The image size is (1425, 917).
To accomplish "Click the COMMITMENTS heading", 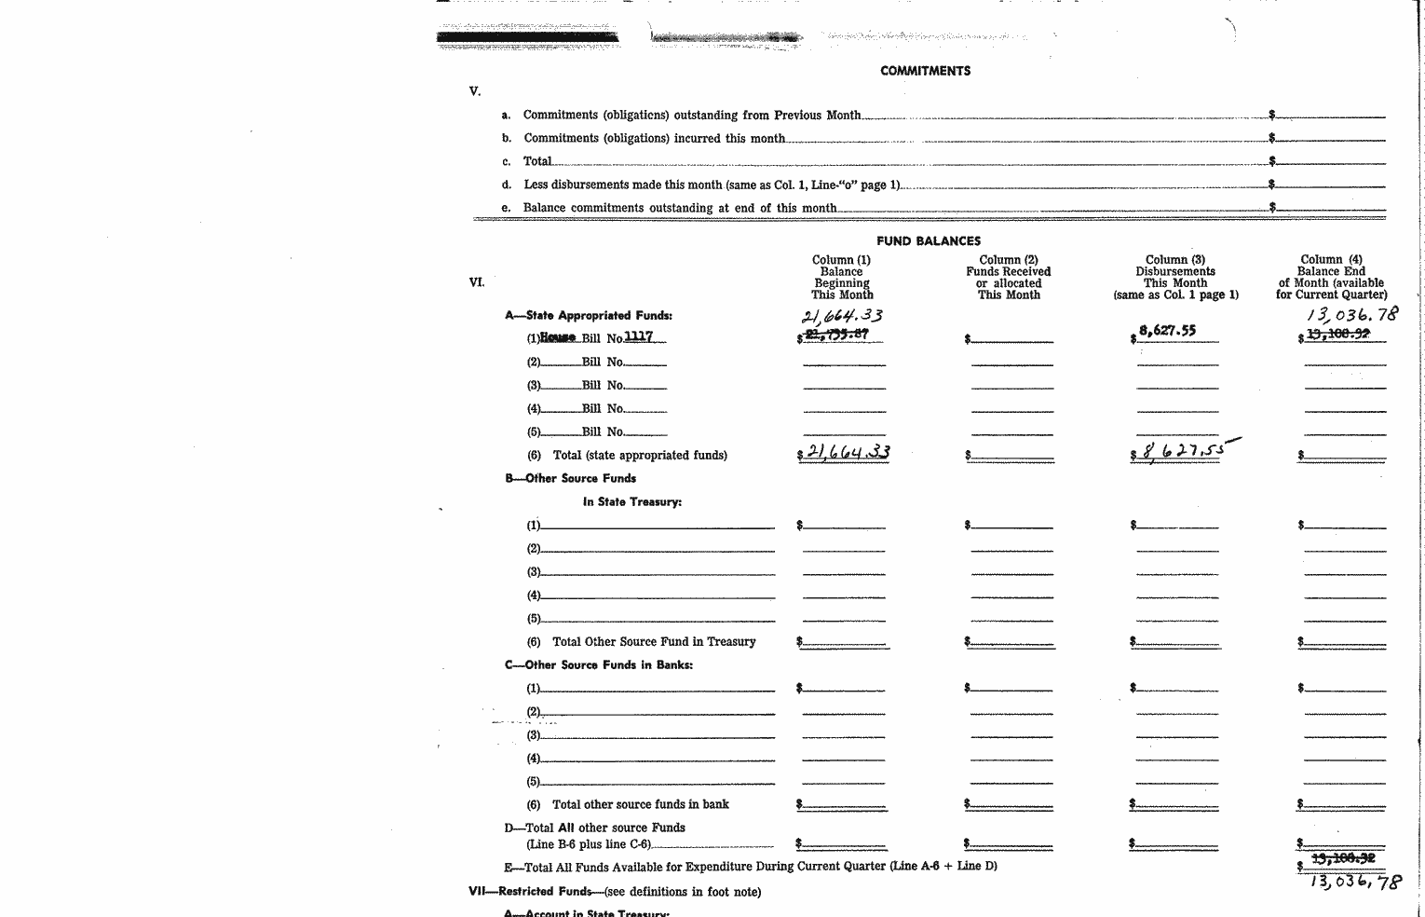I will [x=925, y=71].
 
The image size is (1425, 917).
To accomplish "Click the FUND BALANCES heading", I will [x=928, y=241].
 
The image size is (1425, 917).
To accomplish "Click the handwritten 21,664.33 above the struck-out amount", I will [x=842, y=316].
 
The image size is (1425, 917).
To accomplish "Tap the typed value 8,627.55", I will [x=1168, y=330].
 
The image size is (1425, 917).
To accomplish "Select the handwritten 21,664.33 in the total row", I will [x=844, y=453].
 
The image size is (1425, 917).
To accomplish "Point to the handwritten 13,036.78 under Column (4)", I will [x=1351, y=315].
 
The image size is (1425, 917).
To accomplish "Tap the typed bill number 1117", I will [x=638, y=337].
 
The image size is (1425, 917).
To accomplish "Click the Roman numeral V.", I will [x=475, y=91].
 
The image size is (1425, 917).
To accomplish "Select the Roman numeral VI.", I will [x=476, y=282].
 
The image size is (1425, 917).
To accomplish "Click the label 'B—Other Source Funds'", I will [x=570, y=478].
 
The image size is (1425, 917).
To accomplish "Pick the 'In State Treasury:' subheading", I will [x=631, y=501].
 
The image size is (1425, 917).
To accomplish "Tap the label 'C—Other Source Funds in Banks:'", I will [x=599, y=664].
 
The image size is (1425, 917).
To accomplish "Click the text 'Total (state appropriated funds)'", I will [x=640, y=455].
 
